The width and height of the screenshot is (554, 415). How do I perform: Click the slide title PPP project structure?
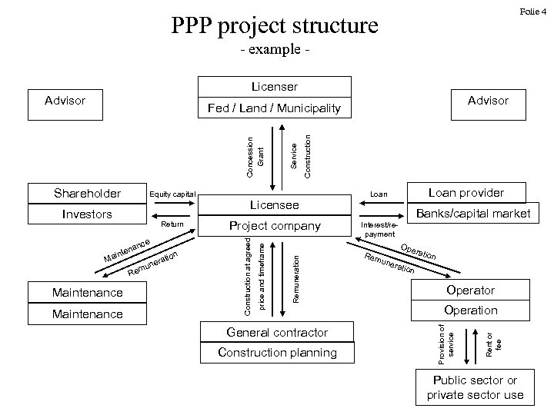[x=274, y=25]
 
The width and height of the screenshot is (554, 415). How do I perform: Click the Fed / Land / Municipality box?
[x=274, y=108]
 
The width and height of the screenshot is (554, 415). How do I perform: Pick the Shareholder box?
[x=86, y=193]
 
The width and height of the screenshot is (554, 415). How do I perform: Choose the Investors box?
[x=86, y=214]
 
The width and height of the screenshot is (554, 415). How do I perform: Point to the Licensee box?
[x=275, y=205]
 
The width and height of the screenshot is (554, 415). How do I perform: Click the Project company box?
[x=275, y=226]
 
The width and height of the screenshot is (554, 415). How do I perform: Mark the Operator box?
[x=470, y=290]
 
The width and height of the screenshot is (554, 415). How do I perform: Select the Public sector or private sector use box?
[x=475, y=388]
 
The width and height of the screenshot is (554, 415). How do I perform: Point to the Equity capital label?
[x=172, y=194]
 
